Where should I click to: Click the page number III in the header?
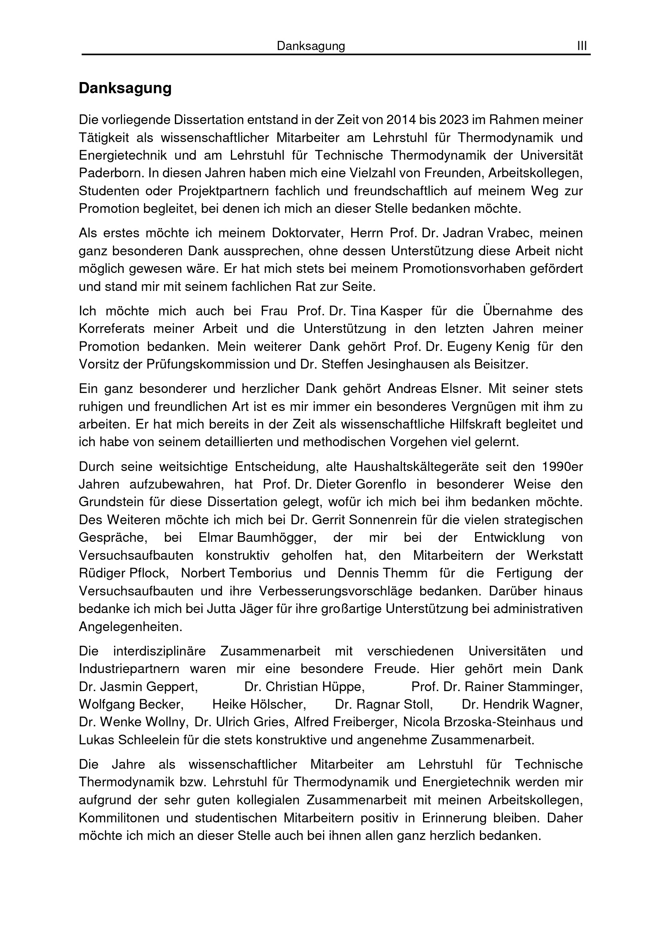582,46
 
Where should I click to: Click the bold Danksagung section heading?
125,88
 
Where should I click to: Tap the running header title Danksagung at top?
311,46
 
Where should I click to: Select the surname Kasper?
401,311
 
